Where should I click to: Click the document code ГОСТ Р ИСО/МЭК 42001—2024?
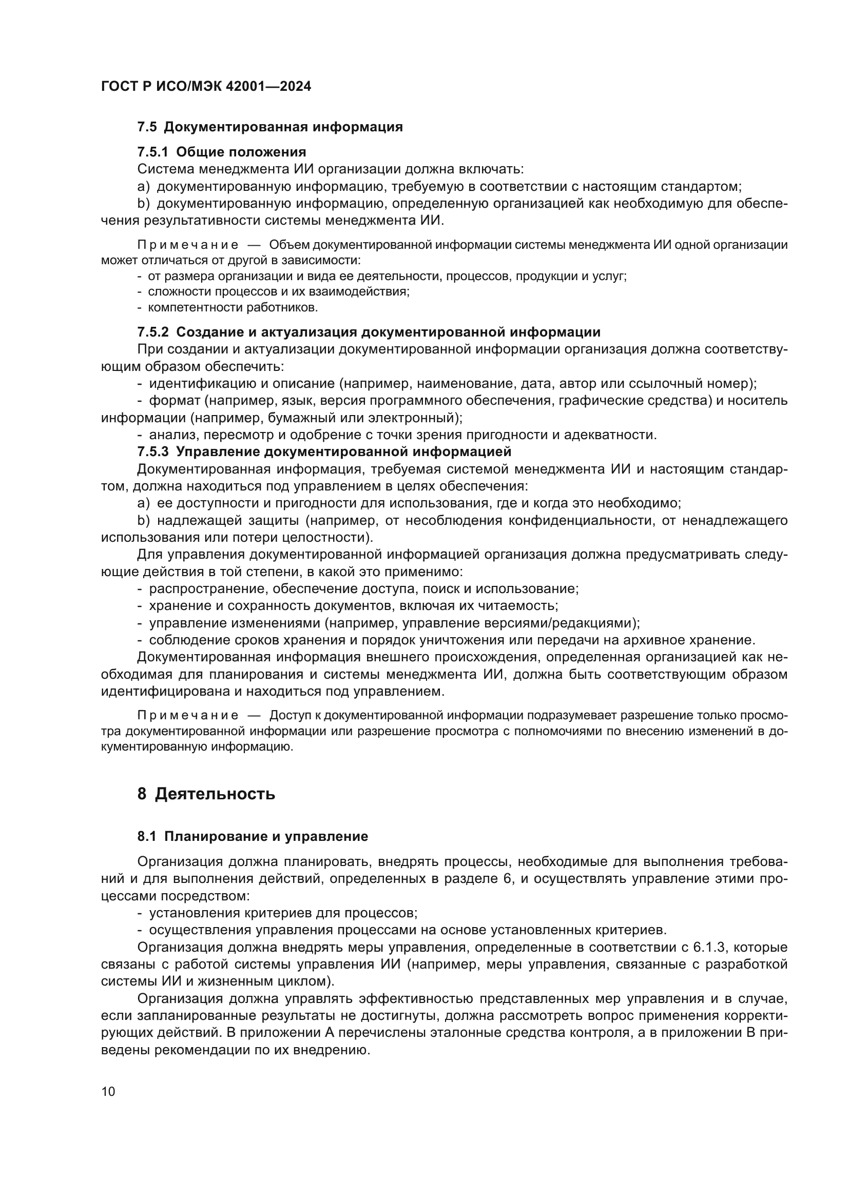pos(206,86)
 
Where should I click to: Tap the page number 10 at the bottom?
pos(108,1092)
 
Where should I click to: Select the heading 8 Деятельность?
pos(206,794)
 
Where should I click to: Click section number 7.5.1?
pos(152,152)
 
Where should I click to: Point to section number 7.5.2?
pos(152,332)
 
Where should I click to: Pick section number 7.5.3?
pos(152,451)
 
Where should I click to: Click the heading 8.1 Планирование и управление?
pos(253,836)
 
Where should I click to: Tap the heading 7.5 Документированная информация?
pos(270,127)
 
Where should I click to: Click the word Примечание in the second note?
pos(188,715)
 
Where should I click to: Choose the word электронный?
pos(408,418)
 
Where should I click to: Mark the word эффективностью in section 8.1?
pos(416,999)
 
